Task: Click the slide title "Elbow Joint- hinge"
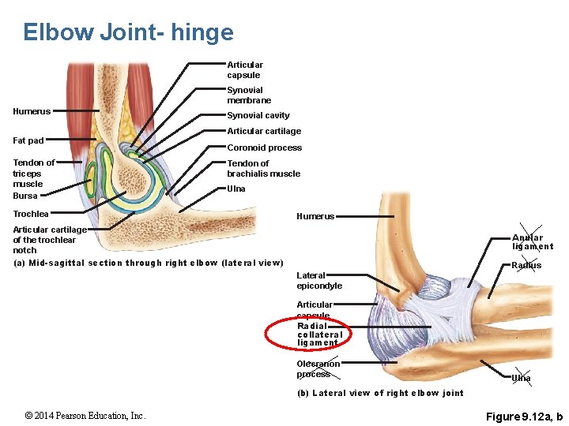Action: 128,32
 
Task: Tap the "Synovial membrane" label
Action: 249,95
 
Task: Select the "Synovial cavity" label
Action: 258,115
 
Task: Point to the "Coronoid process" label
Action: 264,148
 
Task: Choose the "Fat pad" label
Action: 28,140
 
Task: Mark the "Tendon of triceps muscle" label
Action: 34,173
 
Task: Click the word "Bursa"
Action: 25,196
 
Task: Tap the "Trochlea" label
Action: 31,214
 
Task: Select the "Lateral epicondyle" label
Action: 319,281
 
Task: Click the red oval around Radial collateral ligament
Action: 308,333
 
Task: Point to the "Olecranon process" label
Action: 318,369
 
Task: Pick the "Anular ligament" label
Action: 532,242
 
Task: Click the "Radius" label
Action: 526,265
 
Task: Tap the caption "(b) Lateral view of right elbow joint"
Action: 380,393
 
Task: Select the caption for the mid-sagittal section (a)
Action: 149,263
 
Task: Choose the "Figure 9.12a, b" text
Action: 524,416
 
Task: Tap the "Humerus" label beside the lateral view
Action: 315,216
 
